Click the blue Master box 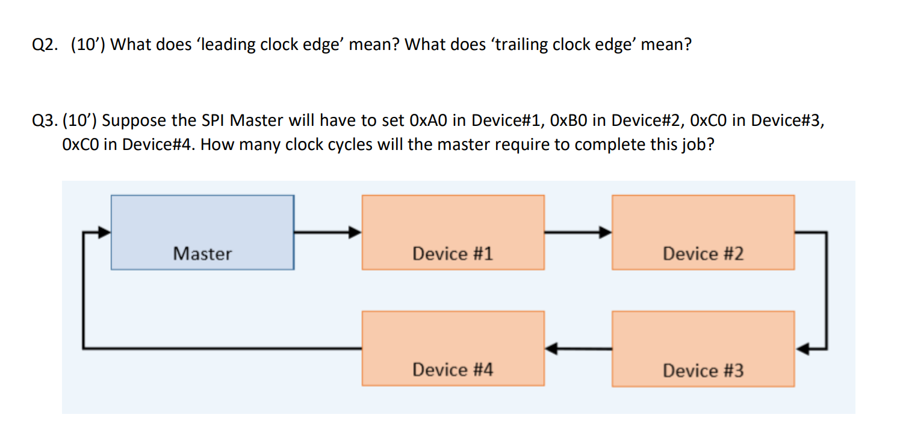[x=202, y=233]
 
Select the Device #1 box [x=453, y=233]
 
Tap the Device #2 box [x=703, y=233]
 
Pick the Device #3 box [x=703, y=349]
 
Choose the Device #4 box [x=453, y=349]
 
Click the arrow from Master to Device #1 [x=327, y=231]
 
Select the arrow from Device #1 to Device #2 [x=578, y=231]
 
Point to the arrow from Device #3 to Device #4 [x=578, y=348]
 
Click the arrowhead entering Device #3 [x=802, y=348]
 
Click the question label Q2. [x=43, y=45]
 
